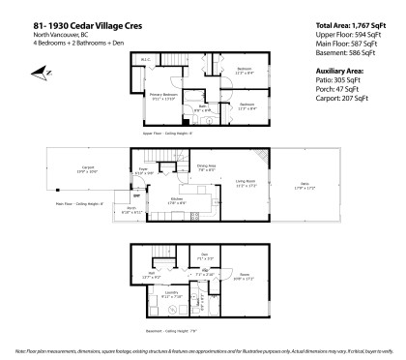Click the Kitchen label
(x=177, y=200)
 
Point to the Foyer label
(x=141, y=171)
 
